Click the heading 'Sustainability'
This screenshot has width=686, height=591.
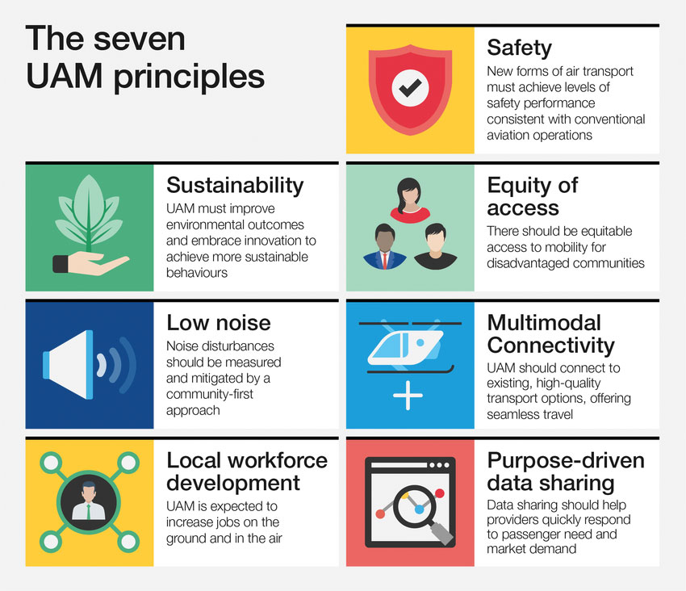pos(235,185)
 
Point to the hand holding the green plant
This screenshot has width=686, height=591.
pos(89,264)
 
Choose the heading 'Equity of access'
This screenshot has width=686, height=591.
pos(533,196)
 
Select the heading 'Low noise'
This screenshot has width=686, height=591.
pos(219,323)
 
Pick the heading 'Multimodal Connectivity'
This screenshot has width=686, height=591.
pos(551,334)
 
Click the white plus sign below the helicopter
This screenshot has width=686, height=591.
pos(409,396)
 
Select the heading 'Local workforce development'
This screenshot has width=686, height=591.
pos(247,472)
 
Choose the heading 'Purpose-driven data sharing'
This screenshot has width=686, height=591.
pos(566,472)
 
